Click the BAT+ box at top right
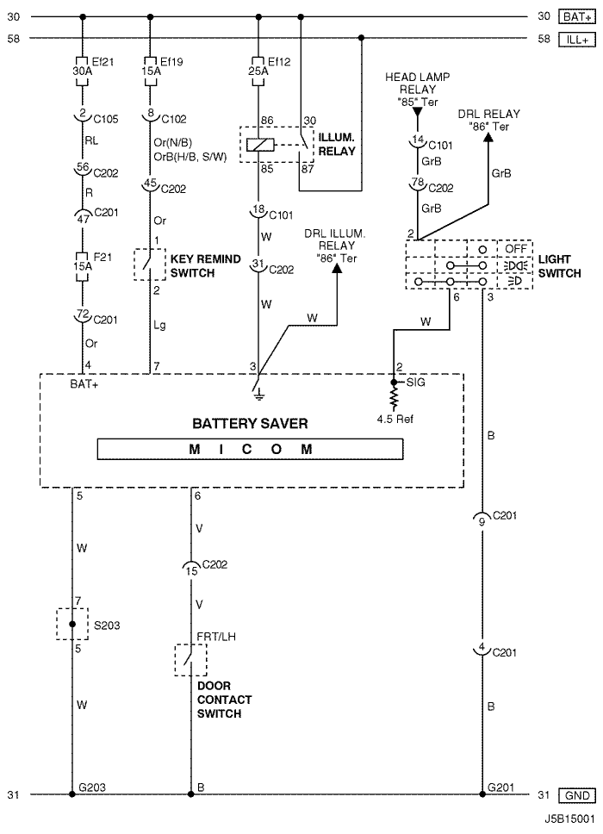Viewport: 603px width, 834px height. (x=577, y=17)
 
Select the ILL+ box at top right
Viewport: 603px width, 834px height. (x=577, y=40)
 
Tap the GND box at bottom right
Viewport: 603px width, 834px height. (x=577, y=796)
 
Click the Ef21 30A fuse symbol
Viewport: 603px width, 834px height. (x=83, y=71)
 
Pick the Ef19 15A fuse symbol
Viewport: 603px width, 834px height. (x=150, y=71)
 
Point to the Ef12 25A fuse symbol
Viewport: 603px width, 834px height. (x=258, y=71)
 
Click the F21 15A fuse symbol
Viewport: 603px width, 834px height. (x=83, y=266)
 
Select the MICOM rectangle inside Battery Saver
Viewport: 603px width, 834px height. (x=250, y=450)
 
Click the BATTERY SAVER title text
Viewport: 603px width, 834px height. (x=250, y=424)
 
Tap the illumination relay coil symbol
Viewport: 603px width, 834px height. (x=260, y=145)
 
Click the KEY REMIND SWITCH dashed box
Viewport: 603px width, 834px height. (x=149, y=265)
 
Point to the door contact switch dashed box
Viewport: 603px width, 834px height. (x=191, y=660)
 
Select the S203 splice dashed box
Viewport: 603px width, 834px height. (x=72, y=624)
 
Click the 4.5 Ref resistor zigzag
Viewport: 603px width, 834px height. (x=394, y=397)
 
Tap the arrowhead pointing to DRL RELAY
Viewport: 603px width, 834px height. (x=488, y=138)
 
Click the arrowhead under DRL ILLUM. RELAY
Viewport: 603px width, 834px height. (x=337, y=268)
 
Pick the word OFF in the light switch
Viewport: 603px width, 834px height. (x=515, y=248)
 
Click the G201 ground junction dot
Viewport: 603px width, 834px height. (x=482, y=794)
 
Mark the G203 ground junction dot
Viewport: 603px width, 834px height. (x=71, y=794)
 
